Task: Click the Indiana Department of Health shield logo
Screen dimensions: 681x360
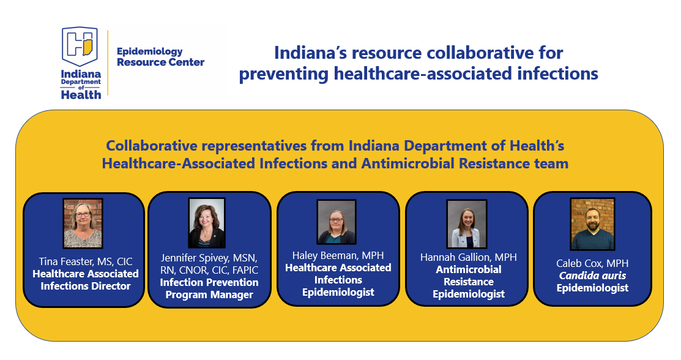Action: point(80,47)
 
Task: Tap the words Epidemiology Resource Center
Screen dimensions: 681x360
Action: point(160,57)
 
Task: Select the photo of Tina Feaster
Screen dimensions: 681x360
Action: point(83,223)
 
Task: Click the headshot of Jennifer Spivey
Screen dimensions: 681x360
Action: point(206,223)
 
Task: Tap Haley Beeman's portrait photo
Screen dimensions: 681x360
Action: point(337,222)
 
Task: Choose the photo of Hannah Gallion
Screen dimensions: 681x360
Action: point(467,224)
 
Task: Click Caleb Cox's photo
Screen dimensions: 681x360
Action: point(592,224)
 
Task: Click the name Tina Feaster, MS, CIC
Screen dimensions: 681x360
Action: point(86,261)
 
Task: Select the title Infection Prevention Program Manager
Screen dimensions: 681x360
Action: point(209,288)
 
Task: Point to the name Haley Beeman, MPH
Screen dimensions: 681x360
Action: point(338,255)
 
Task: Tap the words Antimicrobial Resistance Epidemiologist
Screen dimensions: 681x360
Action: point(469,282)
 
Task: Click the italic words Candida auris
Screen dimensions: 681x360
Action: point(592,276)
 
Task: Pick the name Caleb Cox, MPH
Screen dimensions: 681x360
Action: point(592,263)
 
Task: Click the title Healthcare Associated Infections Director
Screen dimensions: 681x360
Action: point(86,280)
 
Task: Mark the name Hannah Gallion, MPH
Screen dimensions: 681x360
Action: point(469,257)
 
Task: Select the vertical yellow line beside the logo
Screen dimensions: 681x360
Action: point(108,62)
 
